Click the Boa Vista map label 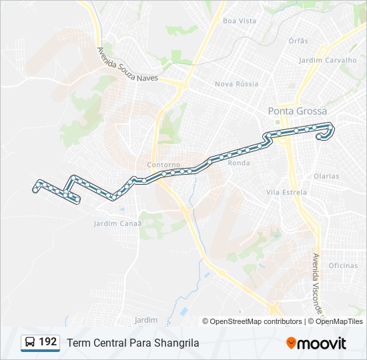point(240,21)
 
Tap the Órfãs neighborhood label point(298,41)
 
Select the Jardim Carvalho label point(328,60)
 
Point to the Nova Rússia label point(236,84)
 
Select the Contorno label point(164,165)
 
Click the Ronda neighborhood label point(239,163)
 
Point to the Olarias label point(326,177)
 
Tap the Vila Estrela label point(286,192)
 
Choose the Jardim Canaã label point(119,223)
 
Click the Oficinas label point(343,265)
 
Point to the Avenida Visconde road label point(318,283)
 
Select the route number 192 point(48,342)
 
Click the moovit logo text point(322,343)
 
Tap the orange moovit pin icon point(291,343)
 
